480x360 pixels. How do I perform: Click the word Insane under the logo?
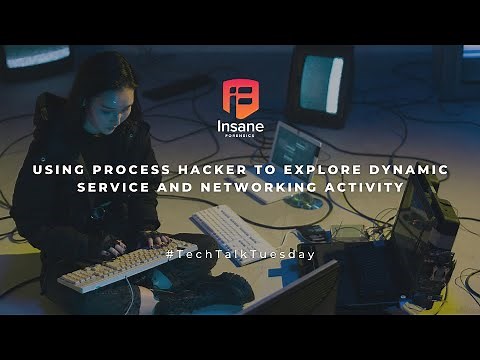240,127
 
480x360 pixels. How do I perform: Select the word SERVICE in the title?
115,187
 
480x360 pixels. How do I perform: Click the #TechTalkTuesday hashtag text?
240,254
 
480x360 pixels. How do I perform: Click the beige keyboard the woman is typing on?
125,264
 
